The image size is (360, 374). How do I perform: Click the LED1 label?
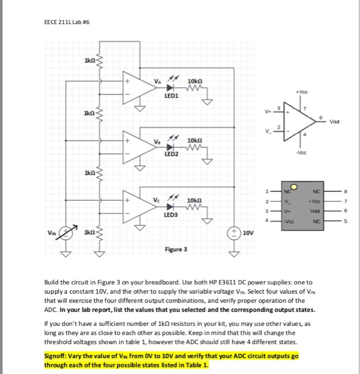point(171,96)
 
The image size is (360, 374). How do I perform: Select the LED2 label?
point(171,154)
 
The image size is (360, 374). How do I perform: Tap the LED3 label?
point(171,215)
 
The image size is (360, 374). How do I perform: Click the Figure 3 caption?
point(176,250)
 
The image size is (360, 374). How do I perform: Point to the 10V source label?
point(248,233)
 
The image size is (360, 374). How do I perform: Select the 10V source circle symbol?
point(234,233)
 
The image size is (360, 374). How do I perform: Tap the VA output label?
point(158,81)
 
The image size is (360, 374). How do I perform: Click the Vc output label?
point(156,200)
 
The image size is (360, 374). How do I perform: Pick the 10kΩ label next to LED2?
point(195,141)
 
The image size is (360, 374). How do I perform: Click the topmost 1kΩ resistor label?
point(90,60)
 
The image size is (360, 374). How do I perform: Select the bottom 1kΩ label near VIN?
point(90,232)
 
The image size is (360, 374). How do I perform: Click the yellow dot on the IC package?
point(294,188)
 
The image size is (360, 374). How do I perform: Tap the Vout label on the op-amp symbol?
point(334,122)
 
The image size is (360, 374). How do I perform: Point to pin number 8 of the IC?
point(346,191)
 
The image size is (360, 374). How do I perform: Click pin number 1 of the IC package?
point(267,191)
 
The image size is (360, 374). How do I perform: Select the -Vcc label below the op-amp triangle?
point(301,153)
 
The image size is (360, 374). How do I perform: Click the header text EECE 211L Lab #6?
point(67,22)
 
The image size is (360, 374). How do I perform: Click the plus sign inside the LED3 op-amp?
point(127,200)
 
